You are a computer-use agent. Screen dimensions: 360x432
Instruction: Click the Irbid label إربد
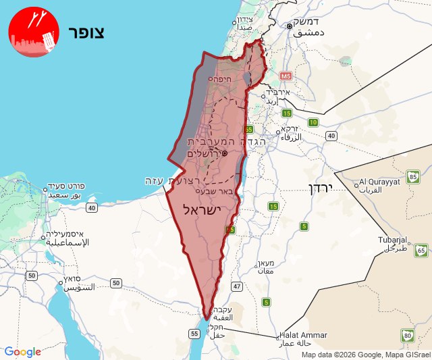point(272,101)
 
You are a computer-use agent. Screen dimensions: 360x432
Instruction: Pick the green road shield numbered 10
point(313,122)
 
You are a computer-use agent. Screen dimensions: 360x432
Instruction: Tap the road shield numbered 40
point(331,136)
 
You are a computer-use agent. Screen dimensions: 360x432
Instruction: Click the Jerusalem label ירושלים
point(204,153)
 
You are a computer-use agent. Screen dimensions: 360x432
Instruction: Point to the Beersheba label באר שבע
point(219,191)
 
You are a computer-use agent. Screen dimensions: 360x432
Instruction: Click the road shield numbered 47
point(236,286)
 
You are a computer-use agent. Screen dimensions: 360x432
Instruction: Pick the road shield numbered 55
point(194,333)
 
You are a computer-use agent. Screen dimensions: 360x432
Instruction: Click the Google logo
point(22,352)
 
